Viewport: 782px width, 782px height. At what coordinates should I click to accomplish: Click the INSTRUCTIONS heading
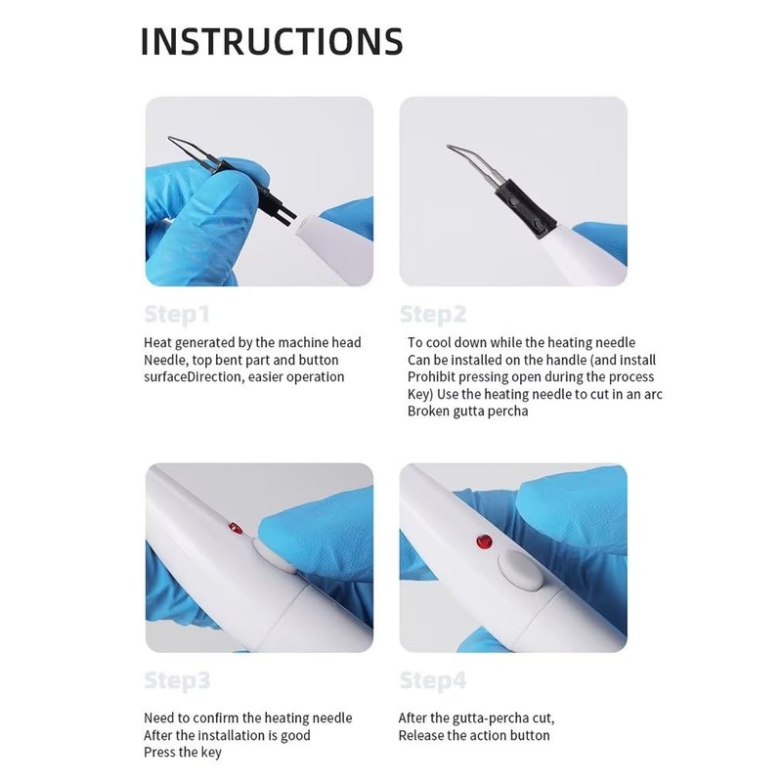(272, 41)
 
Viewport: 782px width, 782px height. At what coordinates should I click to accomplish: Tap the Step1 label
(177, 315)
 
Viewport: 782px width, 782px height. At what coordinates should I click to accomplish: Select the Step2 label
(433, 315)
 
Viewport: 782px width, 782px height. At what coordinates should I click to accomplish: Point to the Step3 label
(177, 679)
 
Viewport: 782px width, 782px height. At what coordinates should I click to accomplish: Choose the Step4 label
(433, 679)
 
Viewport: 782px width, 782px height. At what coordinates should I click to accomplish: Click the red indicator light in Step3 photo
(233, 529)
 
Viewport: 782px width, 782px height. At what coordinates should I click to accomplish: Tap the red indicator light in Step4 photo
(481, 541)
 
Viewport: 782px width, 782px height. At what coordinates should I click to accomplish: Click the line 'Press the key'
(183, 752)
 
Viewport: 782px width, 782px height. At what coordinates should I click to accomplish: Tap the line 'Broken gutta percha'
(467, 411)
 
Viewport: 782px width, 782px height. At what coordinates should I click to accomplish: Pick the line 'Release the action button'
(474, 735)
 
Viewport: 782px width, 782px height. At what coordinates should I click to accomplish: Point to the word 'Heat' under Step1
(158, 342)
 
